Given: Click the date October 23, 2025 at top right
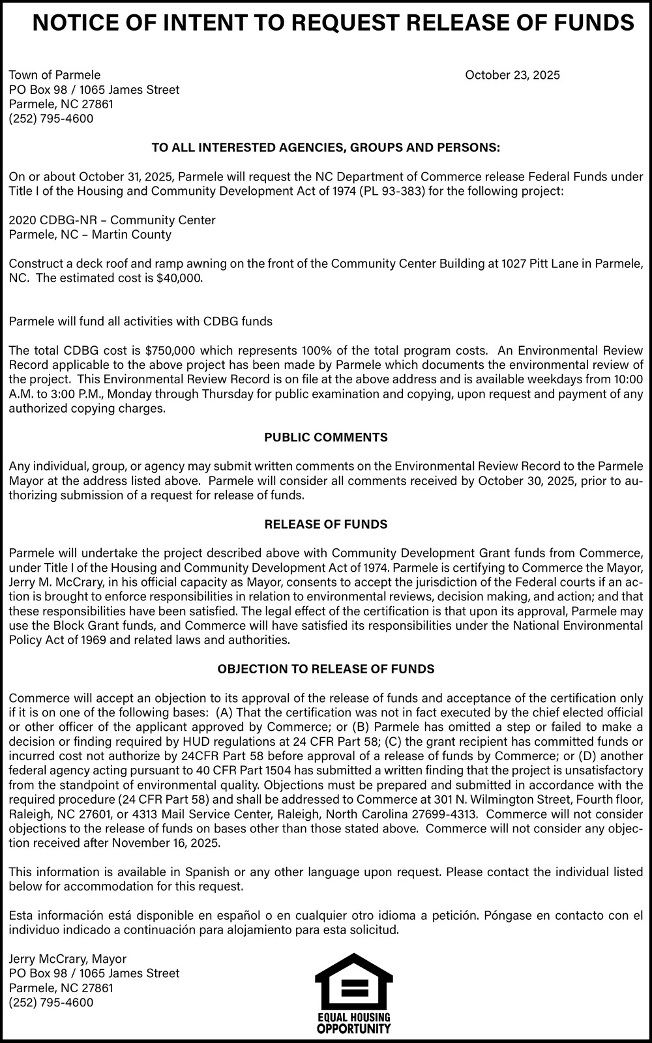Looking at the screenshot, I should point(512,75).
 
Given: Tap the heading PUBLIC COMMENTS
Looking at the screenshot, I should point(326,437).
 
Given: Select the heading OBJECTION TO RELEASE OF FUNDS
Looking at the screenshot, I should point(326,669).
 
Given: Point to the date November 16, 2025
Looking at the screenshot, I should point(166,843).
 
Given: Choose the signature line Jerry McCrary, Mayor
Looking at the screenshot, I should point(68,959).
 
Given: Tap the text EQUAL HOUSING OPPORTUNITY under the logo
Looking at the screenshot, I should point(353,1023).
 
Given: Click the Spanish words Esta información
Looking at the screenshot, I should point(52,915).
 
